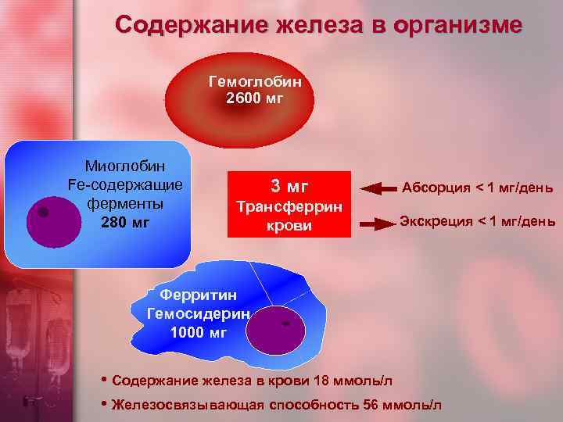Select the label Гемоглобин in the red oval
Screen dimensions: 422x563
(x=255, y=81)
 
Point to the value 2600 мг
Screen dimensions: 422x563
(x=254, y=98)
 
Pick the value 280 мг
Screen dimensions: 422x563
(x=125, y=223)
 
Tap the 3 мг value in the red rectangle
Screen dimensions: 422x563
(x=289, y=186)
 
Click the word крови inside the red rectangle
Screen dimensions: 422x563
(x=289, y=225)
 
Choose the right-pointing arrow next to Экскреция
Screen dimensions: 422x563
(x=378, y=224)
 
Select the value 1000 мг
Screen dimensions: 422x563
(x=198, y=331)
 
